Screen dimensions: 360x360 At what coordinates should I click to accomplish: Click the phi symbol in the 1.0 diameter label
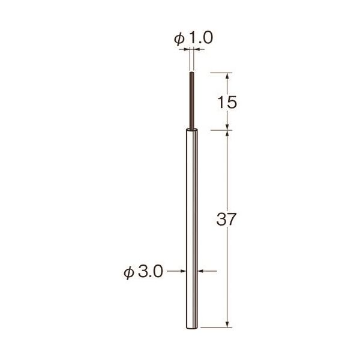pyautogui.click(x=179, y=39)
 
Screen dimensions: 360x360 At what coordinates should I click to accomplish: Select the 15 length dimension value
pyautogui.click(x=227, y=103)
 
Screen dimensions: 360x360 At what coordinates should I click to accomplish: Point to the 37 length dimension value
pyautogui.click(x=226, y=219)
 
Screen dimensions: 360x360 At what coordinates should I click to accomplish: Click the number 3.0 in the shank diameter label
pyautogui.click(x=151, y=271)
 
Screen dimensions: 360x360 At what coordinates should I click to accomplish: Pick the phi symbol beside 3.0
pyautogui.click(x=129, y=272)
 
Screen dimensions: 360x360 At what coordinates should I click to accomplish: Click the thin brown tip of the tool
pyautogui.click(x=192, y=101)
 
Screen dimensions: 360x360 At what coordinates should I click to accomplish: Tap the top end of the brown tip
pyautogui.click(x=192, y=73)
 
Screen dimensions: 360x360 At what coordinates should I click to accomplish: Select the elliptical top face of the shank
pyautogui.click(x=191, y=131)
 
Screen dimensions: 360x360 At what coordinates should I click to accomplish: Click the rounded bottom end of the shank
pyautogui.click(x=192, y=328)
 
